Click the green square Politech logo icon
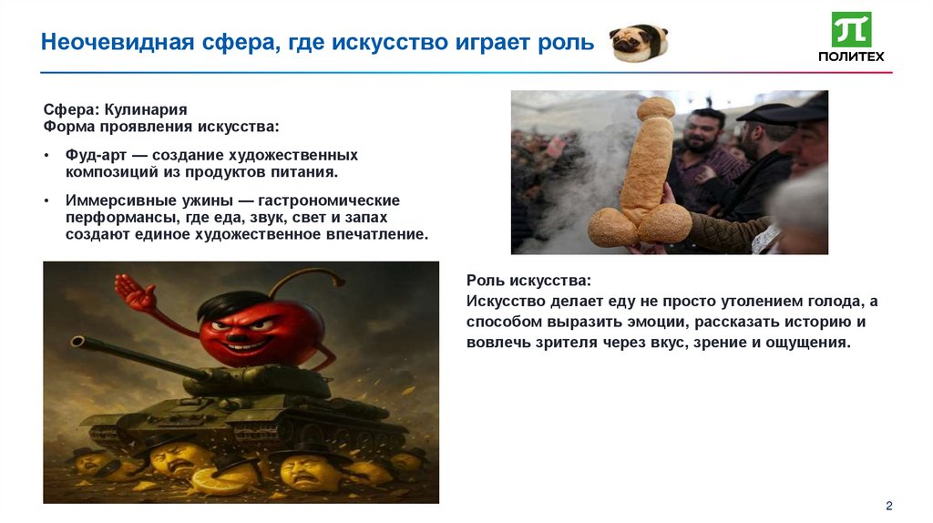[851, 29]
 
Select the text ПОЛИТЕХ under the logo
[851, 56]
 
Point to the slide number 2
[888, 506]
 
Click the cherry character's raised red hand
[136, 293]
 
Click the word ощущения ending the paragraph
[805, 343]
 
